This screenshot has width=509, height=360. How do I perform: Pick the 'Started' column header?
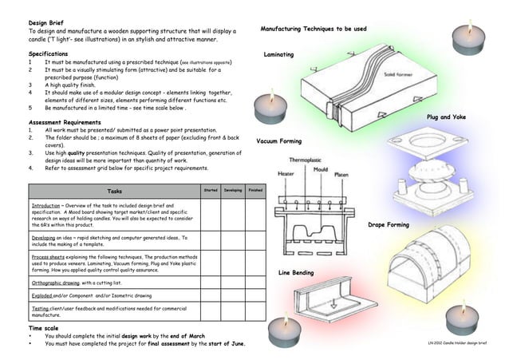point(211,191)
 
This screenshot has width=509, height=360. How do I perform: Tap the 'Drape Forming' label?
point(389,225)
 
